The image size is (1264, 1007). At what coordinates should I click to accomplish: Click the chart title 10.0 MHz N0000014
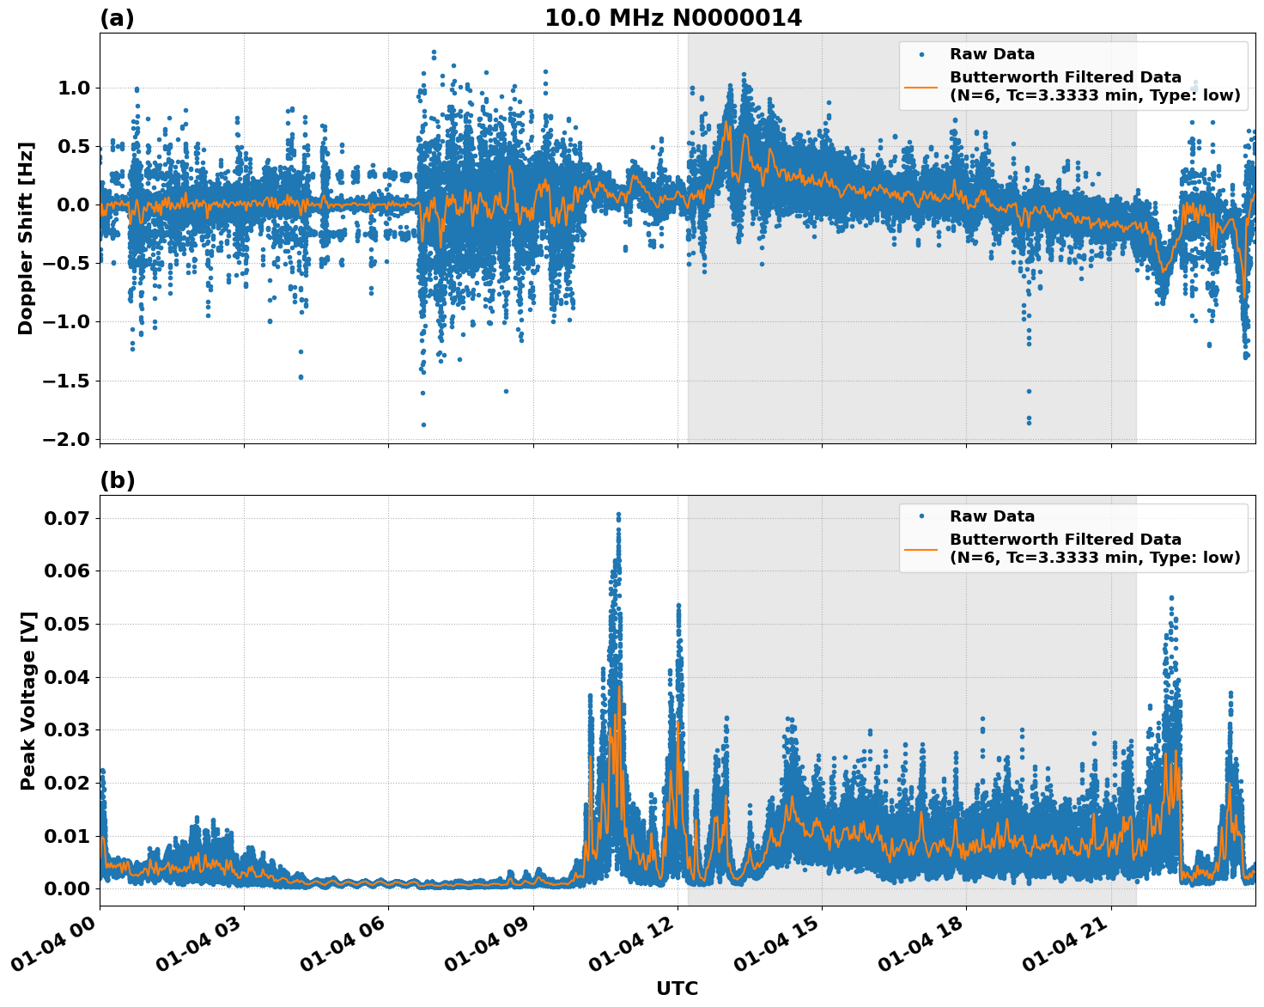click(673, 18)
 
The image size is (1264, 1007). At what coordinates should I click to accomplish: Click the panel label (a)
click(117, 18)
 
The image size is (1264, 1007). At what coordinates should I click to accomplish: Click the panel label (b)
click(117, 480)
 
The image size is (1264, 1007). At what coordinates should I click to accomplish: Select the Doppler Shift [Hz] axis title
click(26, 238)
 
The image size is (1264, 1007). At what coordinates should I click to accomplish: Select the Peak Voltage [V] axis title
click(28, 700)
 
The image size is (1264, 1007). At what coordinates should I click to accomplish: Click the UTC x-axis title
click(677, 988)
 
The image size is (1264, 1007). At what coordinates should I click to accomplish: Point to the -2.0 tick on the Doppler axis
click(70, 439)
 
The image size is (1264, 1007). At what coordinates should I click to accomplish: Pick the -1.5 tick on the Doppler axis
click(70, 381)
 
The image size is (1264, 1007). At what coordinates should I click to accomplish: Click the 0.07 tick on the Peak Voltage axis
click(72, 518)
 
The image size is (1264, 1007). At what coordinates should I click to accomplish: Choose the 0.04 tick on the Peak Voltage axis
click(72, 677)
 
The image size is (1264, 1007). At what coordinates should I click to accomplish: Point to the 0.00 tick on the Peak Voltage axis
click(72, 888)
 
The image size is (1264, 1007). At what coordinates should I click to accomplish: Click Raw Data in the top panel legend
click(992, 54)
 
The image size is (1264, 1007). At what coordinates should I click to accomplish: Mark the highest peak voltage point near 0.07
click(617, 514)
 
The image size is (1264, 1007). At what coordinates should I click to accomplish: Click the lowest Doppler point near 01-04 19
click(1028, 423)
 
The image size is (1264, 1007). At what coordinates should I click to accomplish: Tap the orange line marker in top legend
click(921, 86)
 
